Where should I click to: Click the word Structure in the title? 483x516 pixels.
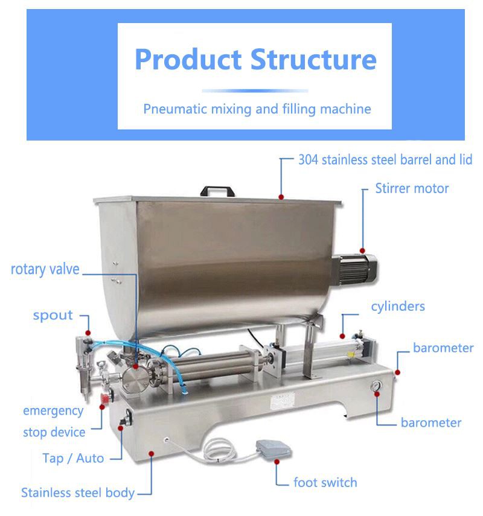pyautogui.click(x=313, y=59)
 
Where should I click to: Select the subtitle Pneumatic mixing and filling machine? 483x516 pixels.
pyautogui.click(x=257, y=109)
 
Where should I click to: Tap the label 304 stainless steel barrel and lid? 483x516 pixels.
pyautogui.click(x=385, y=160)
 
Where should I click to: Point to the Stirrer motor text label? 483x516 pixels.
pyautogui.click(x=412, y=188)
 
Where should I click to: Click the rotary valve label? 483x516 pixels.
pyautogui.click(x=45, y=269)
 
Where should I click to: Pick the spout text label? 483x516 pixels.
pyautogui.click(x=53, y=315)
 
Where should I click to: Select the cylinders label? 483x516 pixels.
pyautogui.click(x=398, y=307)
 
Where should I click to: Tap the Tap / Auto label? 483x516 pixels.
pyautogui.click(x=73, y=458)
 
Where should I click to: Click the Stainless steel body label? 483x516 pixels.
pyautogui.click(x=78, y=492)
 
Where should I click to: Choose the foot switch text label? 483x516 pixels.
pyautogui.click(x=325, y=482)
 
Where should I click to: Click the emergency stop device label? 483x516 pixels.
pyautogui.click(x=54, y=421)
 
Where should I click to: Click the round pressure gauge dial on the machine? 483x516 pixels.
pyautogui.click(x=378, y=386)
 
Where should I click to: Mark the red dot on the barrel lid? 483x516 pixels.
pyautogui.click(x=281, y=196)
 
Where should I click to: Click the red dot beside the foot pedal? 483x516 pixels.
pyautogui.click(x=277, y=462)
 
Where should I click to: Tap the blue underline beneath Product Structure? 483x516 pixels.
pyautogui.click(x=255, y=91)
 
